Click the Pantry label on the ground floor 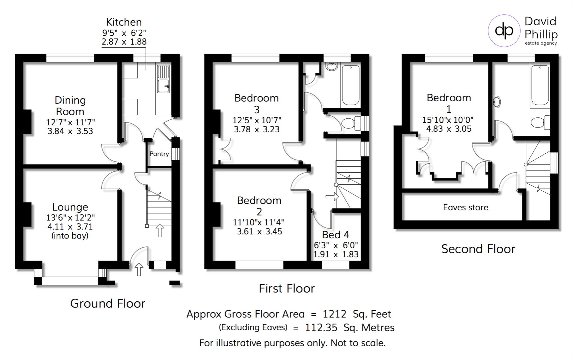[159, 154]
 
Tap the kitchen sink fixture [163, 79]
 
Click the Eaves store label [465, 207]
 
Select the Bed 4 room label [335, 235]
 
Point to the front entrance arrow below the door [139, 269]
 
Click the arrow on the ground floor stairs [160, 230]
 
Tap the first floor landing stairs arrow [332, 197]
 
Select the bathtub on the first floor [351, 85]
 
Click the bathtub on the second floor [540, 85]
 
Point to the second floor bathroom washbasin [496, 101]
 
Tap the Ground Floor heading [108, 303]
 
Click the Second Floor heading [478, 249]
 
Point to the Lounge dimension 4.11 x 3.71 [70, 227]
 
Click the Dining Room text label [70, 106]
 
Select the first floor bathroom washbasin [331, 67]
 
